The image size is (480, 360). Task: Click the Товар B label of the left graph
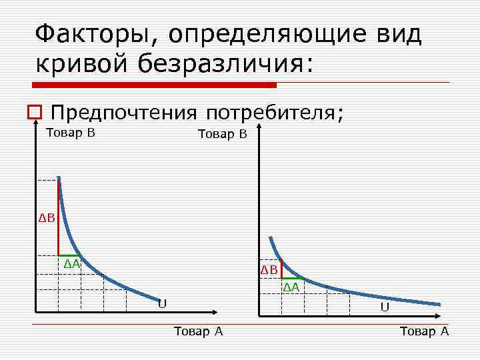pos(70,133)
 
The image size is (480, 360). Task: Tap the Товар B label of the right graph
pos(222,134)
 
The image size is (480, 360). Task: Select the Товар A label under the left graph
pos(197,331)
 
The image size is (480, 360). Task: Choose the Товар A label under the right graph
pos(424,331)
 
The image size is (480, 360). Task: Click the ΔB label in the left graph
pos(46,218)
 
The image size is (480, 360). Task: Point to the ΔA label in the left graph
pos(71,264)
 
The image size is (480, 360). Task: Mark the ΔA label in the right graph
pos(291,287)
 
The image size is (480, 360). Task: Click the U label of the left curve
pos(162,304)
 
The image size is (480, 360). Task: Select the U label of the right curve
pos(385,307)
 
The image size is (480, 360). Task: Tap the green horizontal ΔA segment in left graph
pos(69,255)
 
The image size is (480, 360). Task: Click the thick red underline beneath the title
pos(154,85)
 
